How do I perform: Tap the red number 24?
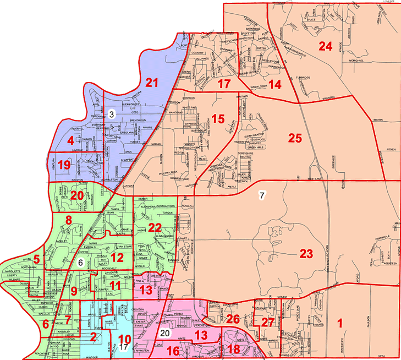point(326,47)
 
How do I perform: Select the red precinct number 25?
point(295,138)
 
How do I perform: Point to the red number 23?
point(306,254)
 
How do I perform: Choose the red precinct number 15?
point(218,118)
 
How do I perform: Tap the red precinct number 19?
point(64,165)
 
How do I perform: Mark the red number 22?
point(156,227)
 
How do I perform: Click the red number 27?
point(267,322)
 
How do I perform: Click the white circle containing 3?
point(111,114)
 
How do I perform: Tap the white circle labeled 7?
point(262,195)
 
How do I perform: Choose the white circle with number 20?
point(165,332)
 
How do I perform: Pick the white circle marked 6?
point(80,263)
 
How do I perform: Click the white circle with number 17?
point(124,347)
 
